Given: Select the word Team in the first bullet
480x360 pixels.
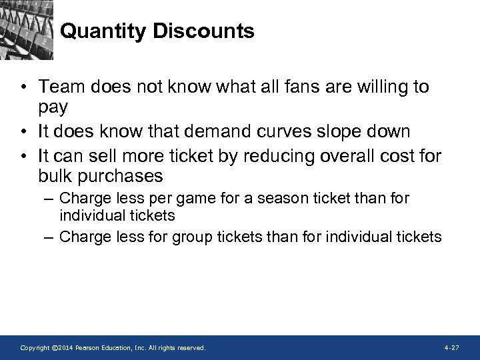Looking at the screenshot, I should click(x=59, y=87).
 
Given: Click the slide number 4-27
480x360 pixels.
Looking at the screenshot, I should click(x=451, y=348).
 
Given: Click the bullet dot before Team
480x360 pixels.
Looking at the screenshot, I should click(x=23, y=87).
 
